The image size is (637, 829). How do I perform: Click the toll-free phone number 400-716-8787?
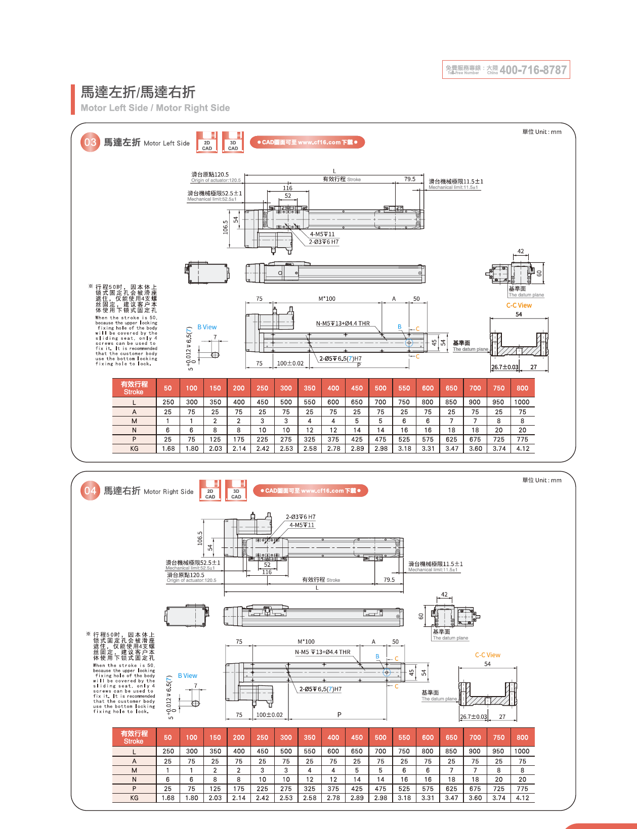533,70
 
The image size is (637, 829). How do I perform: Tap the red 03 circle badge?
90,143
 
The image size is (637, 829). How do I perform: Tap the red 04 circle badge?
90,491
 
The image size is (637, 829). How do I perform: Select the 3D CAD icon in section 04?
236,491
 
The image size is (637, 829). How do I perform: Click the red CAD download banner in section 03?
307,143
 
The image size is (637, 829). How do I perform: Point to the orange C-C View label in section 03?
519,305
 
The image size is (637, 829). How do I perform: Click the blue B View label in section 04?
187,676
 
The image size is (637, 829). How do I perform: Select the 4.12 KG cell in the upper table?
523,448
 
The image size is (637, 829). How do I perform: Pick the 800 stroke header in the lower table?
523,738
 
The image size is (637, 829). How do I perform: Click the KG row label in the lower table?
134,798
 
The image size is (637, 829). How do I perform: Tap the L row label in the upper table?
134,402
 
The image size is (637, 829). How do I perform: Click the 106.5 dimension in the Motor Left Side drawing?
226,227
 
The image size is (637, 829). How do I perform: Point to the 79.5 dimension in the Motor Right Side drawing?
389,580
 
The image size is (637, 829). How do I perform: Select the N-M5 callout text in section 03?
343,324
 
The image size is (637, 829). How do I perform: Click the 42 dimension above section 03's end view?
521,251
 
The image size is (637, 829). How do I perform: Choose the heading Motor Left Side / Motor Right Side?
155,108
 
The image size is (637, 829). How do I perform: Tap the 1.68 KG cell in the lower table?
168,798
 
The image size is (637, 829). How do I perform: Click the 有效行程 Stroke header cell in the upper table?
134,388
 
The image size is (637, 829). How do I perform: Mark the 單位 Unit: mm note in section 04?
542,480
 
